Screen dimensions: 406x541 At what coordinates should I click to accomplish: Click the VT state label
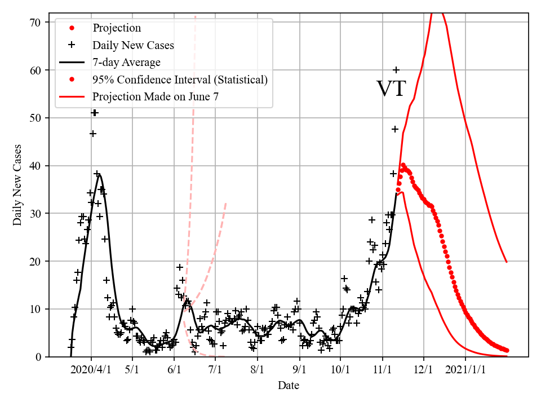pyautogui.click(x=391, y=89)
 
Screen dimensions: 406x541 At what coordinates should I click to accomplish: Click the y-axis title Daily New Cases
pyautogui.click(x=18, y=185)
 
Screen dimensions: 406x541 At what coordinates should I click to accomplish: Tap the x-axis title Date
pyautogui.click(x=288, y=386)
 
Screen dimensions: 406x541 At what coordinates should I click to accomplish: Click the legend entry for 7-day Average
pyautogui.click(x=126, y=62)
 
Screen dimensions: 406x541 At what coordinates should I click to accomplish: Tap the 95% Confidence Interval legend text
pyautogui.click(x=180, y=80)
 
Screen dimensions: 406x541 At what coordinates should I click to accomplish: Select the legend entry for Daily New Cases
pyautogui.click(x=133, y=45)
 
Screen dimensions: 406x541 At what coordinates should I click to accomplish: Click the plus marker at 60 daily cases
pyautogui.click(x=396, y=70)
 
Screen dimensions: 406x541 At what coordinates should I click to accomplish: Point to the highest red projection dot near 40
pyautogui.click(x=403, y=165)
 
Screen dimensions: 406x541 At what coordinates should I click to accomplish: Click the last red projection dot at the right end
pyautogui.click(x=507, y=350)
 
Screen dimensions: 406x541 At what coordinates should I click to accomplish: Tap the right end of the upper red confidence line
pyautogui.click(x=507, y=262)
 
